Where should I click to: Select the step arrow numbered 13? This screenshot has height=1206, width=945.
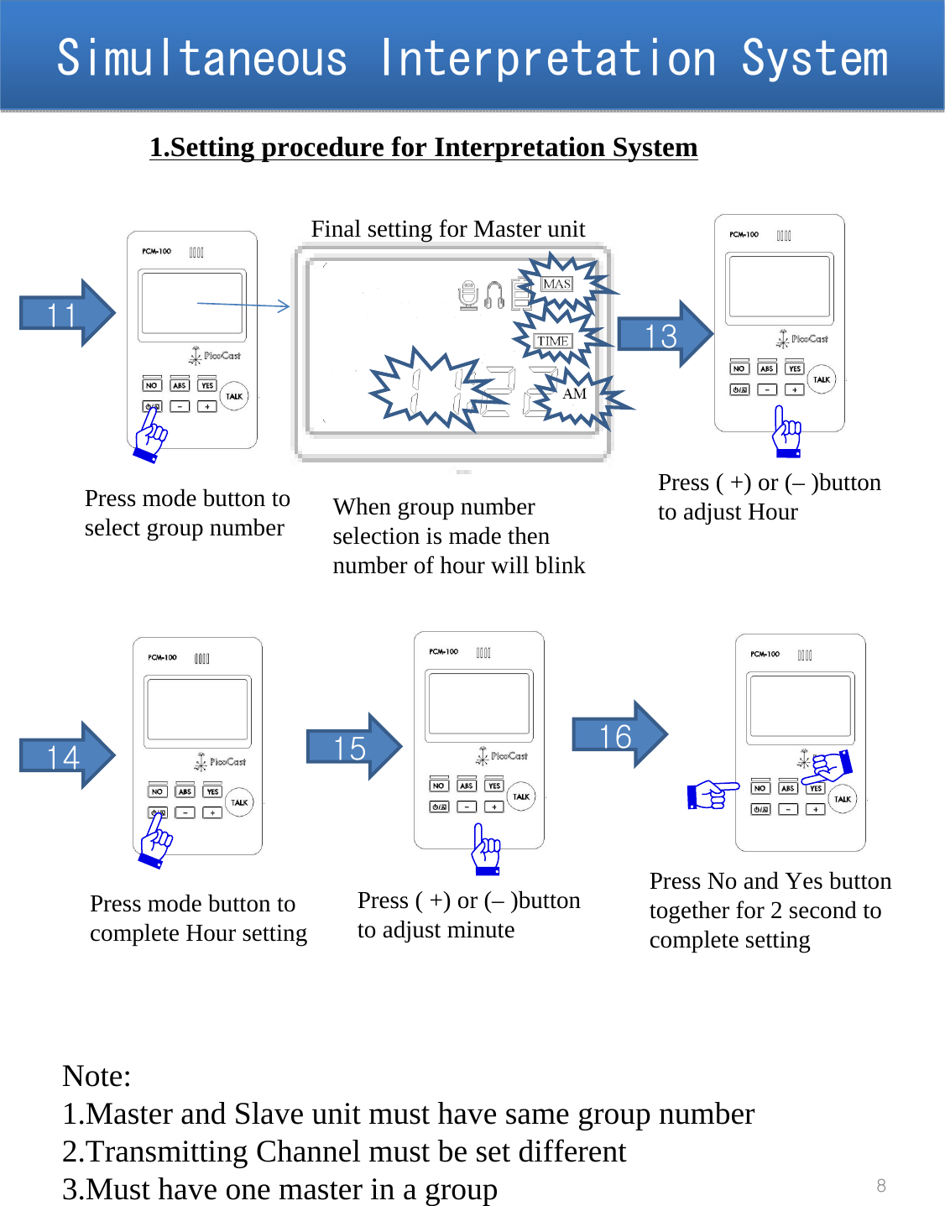[x=664, y=335]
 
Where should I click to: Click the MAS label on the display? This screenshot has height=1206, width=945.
[x=556, y=285]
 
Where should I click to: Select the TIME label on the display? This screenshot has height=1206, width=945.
[x=553, y=341]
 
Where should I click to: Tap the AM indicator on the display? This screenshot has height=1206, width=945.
[x=575, y=394]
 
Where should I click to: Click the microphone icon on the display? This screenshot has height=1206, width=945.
[x=468, y=295]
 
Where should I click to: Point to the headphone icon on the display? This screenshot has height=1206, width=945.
[x=494, y=295]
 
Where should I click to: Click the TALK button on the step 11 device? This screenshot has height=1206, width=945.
[x=234, y=396]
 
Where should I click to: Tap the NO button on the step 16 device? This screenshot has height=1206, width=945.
[x=760, y=788]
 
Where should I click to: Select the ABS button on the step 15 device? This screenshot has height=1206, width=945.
[x=467, y=786]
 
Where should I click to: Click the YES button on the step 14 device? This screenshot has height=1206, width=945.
[x=212, y=791]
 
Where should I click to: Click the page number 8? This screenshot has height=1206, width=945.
[x=881, y=1185]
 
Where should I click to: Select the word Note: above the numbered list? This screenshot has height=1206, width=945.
[x=97, y=1076]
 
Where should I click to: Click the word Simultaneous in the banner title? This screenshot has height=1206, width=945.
[x=201, y=59]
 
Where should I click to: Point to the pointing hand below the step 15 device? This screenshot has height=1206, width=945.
[x=486, y=849]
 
